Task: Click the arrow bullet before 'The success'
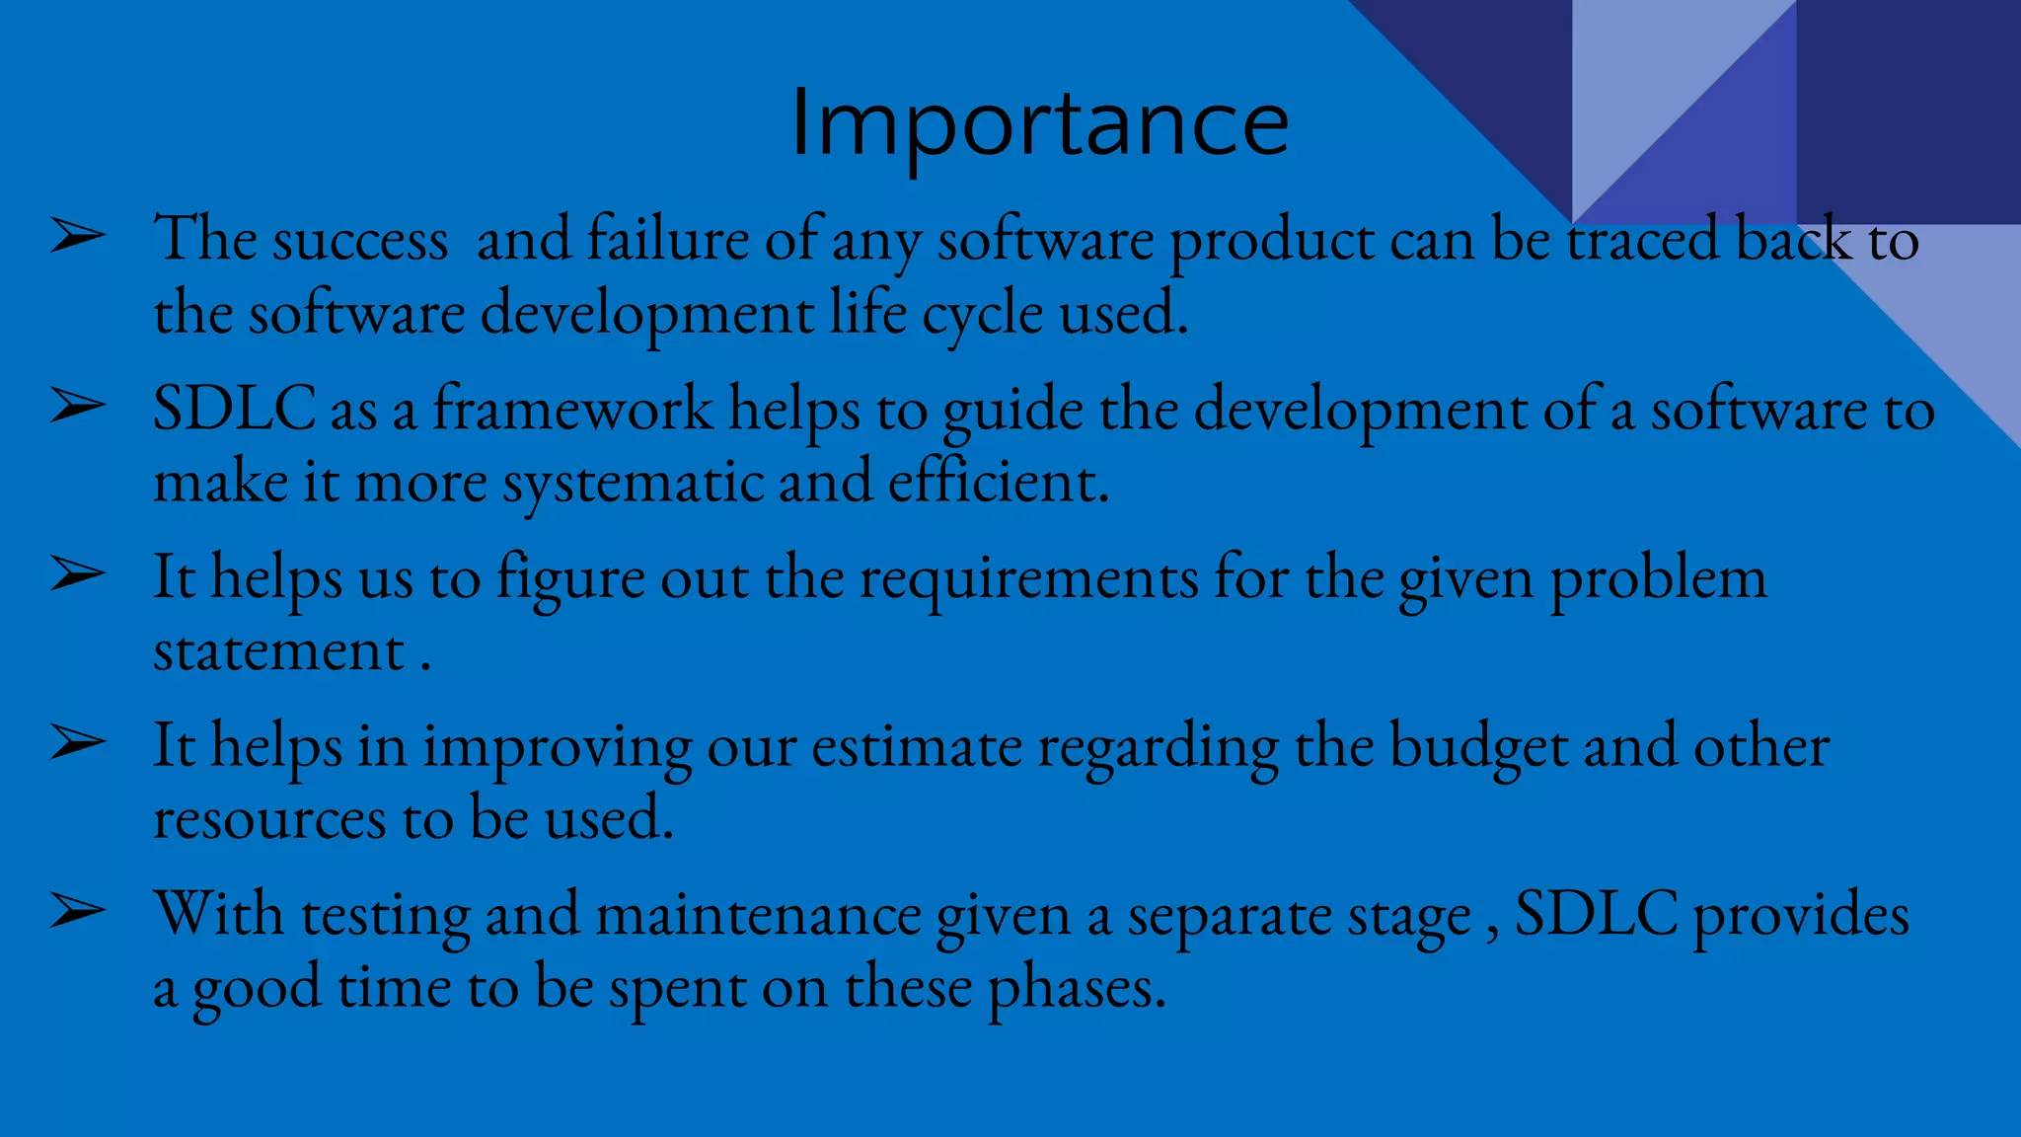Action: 78,237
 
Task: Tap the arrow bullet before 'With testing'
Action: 78,912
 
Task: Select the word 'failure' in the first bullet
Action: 668,240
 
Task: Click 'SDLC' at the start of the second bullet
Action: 234,409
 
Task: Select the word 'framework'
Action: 572,409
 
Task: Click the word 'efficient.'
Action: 998,483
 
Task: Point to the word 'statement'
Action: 279,651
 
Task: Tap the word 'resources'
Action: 269,820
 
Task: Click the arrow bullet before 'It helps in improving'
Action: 78,743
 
